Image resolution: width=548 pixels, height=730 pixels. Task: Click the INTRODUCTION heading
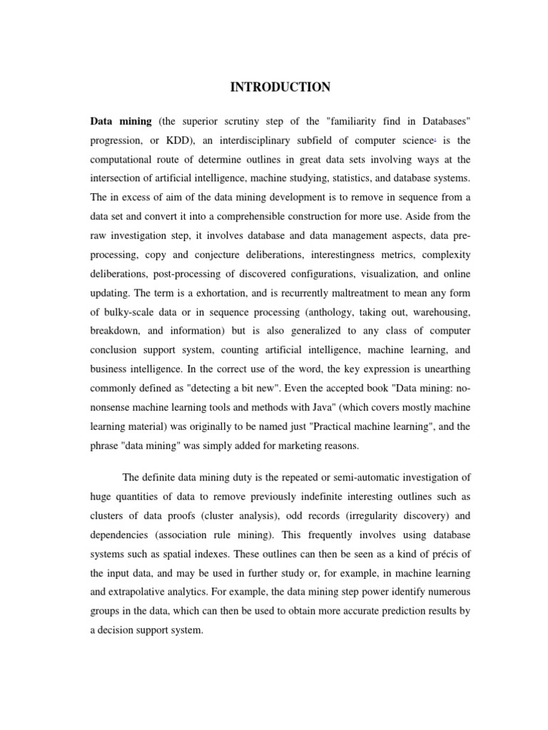coord(280,88)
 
